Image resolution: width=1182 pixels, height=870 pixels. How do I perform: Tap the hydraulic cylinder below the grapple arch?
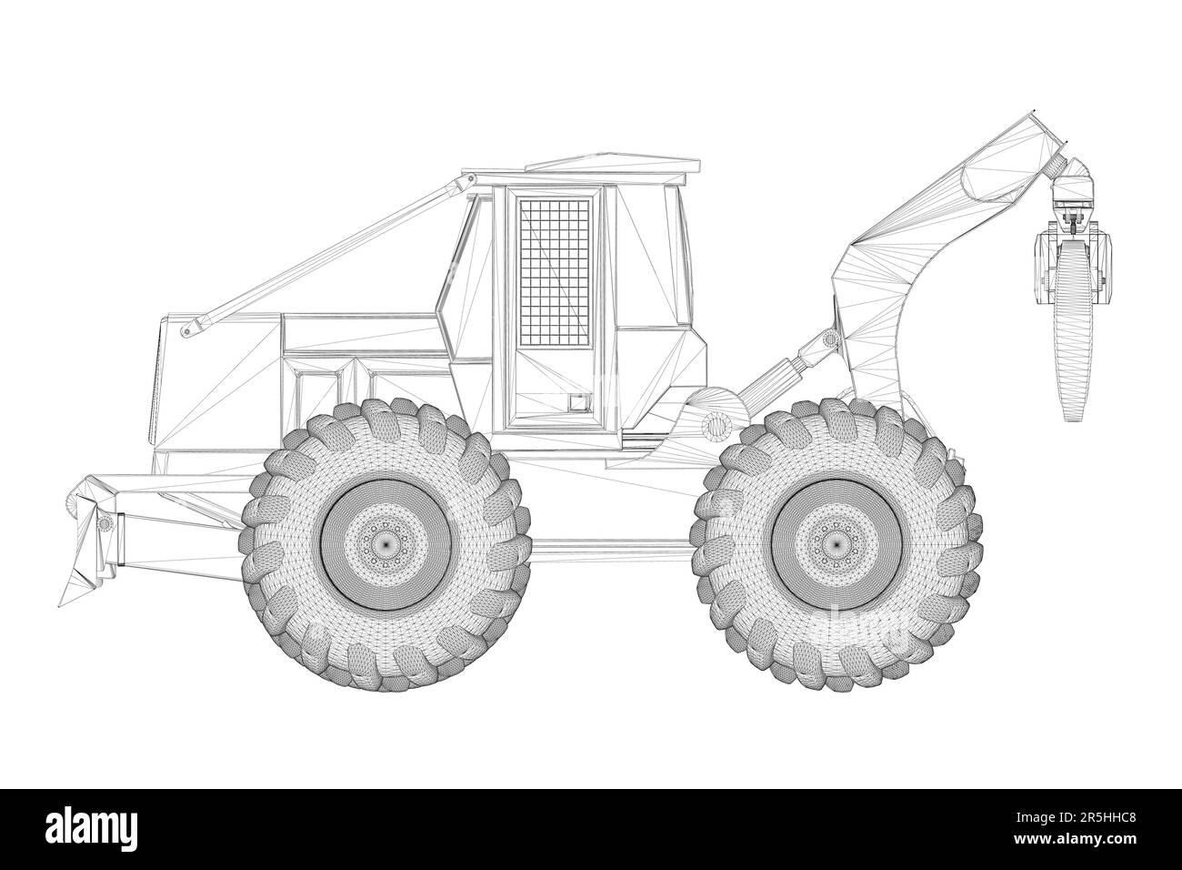780,372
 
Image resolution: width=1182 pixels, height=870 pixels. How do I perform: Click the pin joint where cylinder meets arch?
829,339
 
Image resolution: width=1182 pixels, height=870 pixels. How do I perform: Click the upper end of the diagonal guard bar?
464,186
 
